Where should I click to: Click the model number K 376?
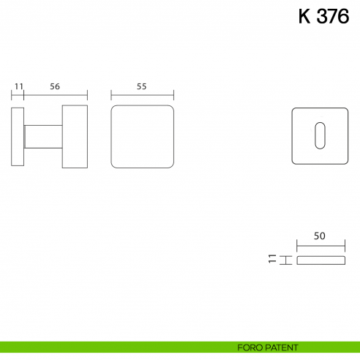pyautogui.click(x=323, y=17)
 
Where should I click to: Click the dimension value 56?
pyautogui.click(x=55, y=86)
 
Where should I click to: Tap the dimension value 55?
pyautogui.click(x=142, y=86)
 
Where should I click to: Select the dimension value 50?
pyautogui.click(x=319, y=236)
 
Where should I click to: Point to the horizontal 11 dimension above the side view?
pyautogui.click(x=19, y=86)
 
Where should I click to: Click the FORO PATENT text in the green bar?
pyautogui.click(x=267, y=347)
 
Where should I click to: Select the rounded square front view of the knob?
pyautogui.click(x=142, y=137)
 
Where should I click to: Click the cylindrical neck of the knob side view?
pyautogui.click(x=43, y=137)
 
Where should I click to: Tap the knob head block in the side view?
pyautogui.click(x=74, y=137)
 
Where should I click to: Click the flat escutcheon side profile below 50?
pyautogui.click(x=319, y=260)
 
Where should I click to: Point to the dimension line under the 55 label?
pyautogui.click(x=142, y=95)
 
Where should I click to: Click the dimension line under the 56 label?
pyautogui.click(x=56, y=95)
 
